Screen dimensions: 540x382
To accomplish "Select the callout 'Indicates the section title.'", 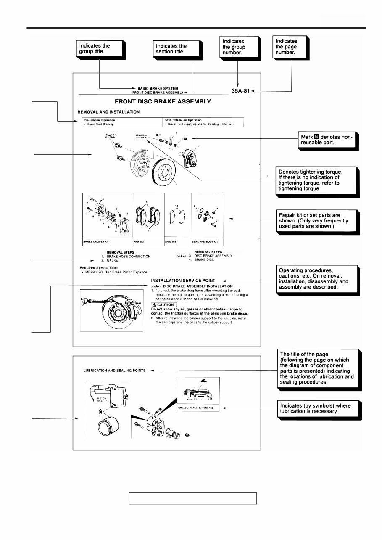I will point(177,49).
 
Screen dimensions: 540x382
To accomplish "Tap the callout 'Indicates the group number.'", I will point(239,47).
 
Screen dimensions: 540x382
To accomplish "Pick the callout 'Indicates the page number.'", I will point(290,47).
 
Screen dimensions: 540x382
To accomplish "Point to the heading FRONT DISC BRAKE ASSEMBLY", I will point(163,101).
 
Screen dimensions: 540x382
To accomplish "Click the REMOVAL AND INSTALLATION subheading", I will point(108,112).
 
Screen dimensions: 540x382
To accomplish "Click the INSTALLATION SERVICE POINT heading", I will point(183,281).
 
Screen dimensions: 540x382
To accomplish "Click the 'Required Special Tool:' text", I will point(99,267).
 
